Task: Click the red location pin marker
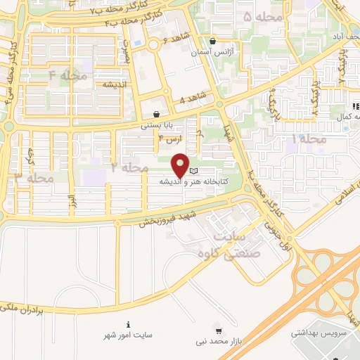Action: (180, 165)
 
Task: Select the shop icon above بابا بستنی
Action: (155, 115)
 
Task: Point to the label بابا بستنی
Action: (155, 127)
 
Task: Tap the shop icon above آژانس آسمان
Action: (212, 41)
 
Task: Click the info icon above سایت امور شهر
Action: (127, 324)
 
